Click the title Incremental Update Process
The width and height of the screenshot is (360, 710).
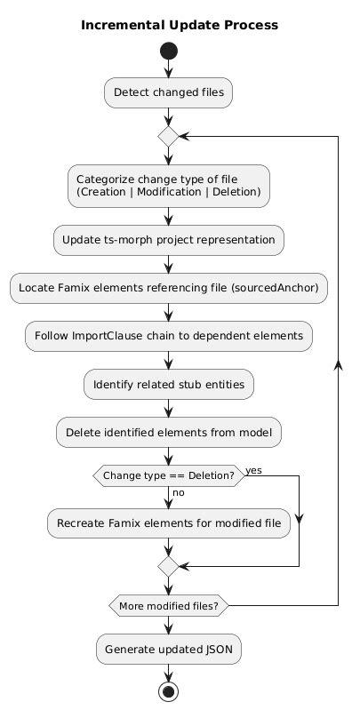(x=180, y=25)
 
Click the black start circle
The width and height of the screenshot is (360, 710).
(x=169, y=52)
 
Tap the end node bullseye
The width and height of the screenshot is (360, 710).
(x=169, y=692)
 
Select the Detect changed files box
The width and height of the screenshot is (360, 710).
(x=169, y=92)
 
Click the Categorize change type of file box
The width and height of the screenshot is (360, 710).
(x=169, y=186)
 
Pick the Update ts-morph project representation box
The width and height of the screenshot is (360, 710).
(x=169, y=240)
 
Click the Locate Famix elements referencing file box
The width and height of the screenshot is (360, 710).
(x=169, y=288)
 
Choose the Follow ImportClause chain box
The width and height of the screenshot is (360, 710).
(x=169, y=336)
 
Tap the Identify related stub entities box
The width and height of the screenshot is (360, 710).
(x=169, y=385)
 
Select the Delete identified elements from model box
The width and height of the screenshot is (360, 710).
(x=169, y=433)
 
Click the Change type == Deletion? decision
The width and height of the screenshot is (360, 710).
(x=169, y=476)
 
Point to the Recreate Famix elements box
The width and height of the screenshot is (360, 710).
(x=169, y=523)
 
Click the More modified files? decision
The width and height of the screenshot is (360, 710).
(x=169, y=605)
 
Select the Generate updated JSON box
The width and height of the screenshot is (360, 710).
(x=169, y=649)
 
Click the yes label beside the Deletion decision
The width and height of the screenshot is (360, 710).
(x=253, y=471)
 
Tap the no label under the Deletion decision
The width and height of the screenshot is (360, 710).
(x=179, y=492)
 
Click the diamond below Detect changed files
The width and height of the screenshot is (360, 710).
(x=169, y=136)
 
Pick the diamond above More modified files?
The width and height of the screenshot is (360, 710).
(x=169, y=566)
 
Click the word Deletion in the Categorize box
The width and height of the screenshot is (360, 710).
(x=235, y=192)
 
